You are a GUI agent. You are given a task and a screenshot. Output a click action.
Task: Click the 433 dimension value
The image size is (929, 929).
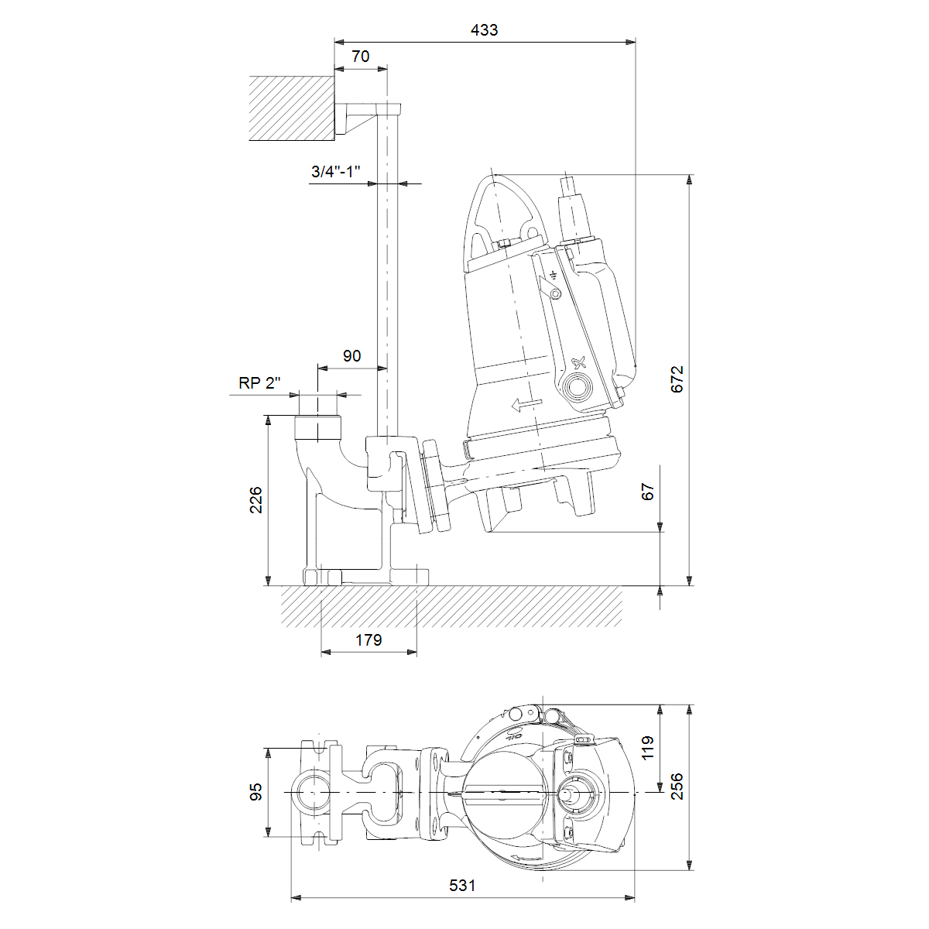tap(484, 30)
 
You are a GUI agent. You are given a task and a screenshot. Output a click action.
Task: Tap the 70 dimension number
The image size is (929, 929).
tap(361, 57)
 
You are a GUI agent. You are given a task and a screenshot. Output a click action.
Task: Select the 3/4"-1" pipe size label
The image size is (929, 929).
tap(335, 172)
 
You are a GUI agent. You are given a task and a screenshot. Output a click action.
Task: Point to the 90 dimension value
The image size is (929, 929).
tap(351, 356)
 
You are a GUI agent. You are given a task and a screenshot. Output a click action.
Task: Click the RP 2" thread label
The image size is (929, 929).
tap(259, 382)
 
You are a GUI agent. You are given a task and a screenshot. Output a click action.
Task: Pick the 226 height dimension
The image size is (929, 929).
tap(256, 500)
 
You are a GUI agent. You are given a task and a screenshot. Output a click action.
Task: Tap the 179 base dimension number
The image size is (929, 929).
tap(369, 639)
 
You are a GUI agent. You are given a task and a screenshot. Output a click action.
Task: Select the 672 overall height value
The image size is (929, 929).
tap(677, 379)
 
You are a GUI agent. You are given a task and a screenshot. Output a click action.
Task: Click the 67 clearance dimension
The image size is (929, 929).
tap(648, 492)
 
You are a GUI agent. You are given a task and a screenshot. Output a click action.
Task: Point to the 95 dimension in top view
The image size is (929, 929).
tap(256, 792)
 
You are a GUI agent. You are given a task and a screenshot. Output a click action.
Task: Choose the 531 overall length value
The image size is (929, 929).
tap(462, 885)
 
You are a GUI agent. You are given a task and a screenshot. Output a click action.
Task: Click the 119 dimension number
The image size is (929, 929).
tap(648, 748)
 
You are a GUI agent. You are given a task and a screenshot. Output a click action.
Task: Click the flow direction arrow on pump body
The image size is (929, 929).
tap(527, 404)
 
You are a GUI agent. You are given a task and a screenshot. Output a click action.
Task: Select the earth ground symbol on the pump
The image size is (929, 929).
tap(554, 276)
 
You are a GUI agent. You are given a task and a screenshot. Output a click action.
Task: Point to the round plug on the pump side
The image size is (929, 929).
tap(577, 386)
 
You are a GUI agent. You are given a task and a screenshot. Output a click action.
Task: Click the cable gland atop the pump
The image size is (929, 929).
tap(574, 209)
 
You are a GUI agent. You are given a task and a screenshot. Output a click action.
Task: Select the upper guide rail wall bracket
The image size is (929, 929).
tap(368, 117)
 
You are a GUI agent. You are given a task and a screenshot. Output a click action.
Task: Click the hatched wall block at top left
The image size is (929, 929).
tap(292, 108)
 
